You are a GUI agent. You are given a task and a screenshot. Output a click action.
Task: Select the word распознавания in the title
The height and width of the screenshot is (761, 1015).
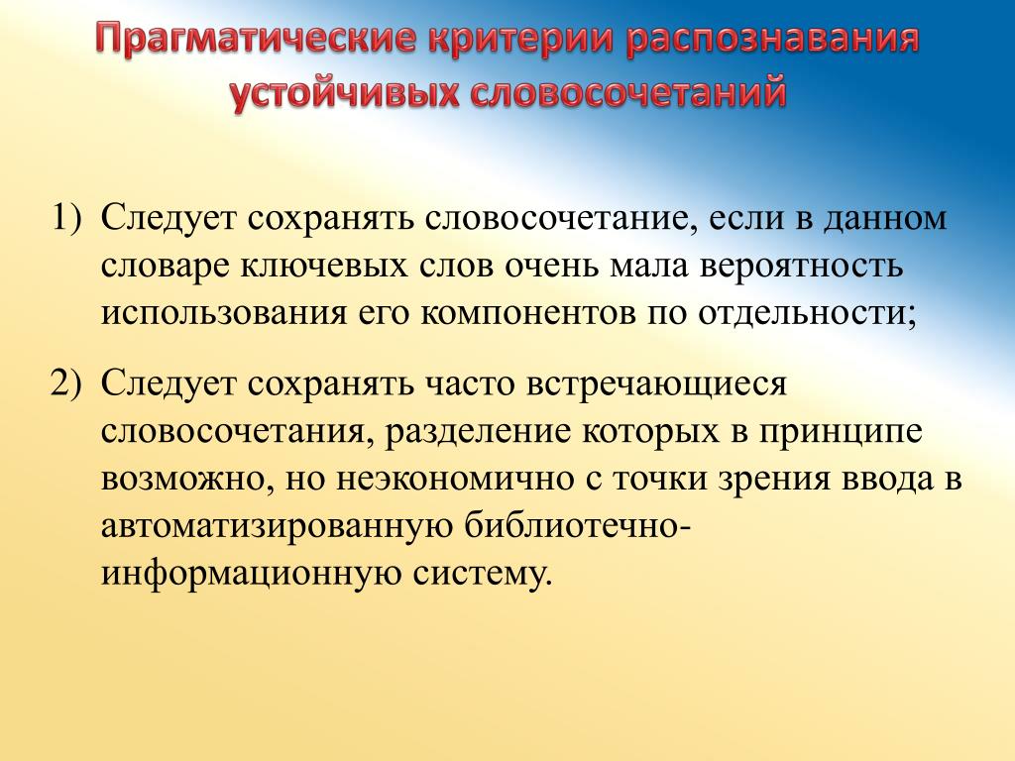click(x=772, y=39)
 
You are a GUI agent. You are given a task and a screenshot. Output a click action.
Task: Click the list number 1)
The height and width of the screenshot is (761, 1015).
click(x=67, y=217)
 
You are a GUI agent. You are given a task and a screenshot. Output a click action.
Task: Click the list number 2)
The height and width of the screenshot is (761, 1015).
click(x=67, y=383)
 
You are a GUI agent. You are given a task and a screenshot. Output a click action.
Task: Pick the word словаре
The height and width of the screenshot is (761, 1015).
click(x=166, y=267)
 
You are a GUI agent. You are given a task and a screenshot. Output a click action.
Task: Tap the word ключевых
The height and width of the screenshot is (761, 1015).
click(x=325, y=267)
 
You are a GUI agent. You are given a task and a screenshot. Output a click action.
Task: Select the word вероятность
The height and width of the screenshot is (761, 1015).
click(x=801, y=267)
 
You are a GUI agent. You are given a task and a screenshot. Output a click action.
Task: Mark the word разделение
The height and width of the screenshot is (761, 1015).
click(x=479, y=432)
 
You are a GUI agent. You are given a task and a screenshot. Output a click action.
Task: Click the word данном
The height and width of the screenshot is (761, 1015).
click(x=885, y=219)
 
